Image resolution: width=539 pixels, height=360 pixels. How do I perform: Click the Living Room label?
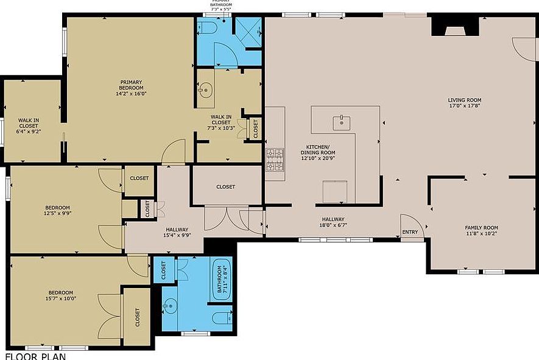(464, 103)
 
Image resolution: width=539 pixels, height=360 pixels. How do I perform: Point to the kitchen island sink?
(342, 122)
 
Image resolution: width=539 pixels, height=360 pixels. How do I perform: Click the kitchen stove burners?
(275, 160)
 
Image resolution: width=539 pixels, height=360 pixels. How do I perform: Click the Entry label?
(410, 232)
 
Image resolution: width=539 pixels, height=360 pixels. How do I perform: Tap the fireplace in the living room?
(451, 27)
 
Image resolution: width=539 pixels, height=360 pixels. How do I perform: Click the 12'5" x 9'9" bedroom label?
(57, 210)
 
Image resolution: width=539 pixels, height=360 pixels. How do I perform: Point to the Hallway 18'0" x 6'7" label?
(333, 223)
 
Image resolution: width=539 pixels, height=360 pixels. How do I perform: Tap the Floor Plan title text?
(35, 356)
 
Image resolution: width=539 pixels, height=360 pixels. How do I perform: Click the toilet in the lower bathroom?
(222, 316)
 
